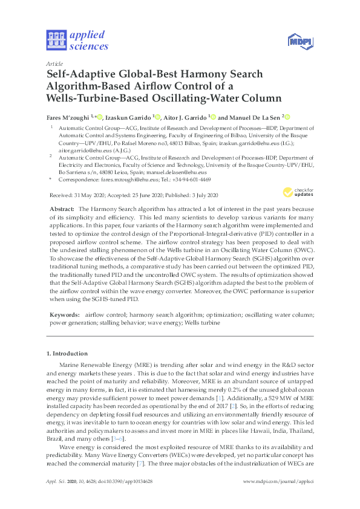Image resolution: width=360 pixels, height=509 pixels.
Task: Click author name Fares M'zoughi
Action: [x=68, y=116]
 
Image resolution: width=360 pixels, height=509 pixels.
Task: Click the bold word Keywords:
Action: [x=64, y=314]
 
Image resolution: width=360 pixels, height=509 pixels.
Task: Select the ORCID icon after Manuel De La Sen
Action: [x=288, y=117]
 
